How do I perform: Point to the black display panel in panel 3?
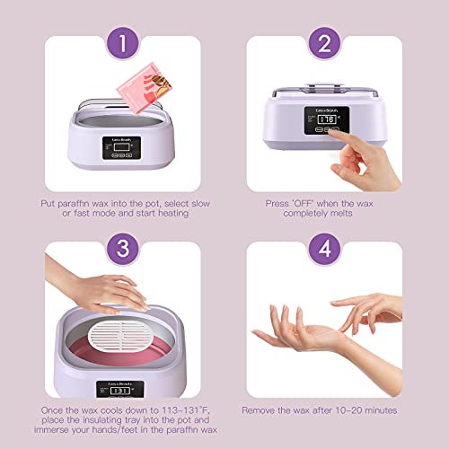click(112, 392)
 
